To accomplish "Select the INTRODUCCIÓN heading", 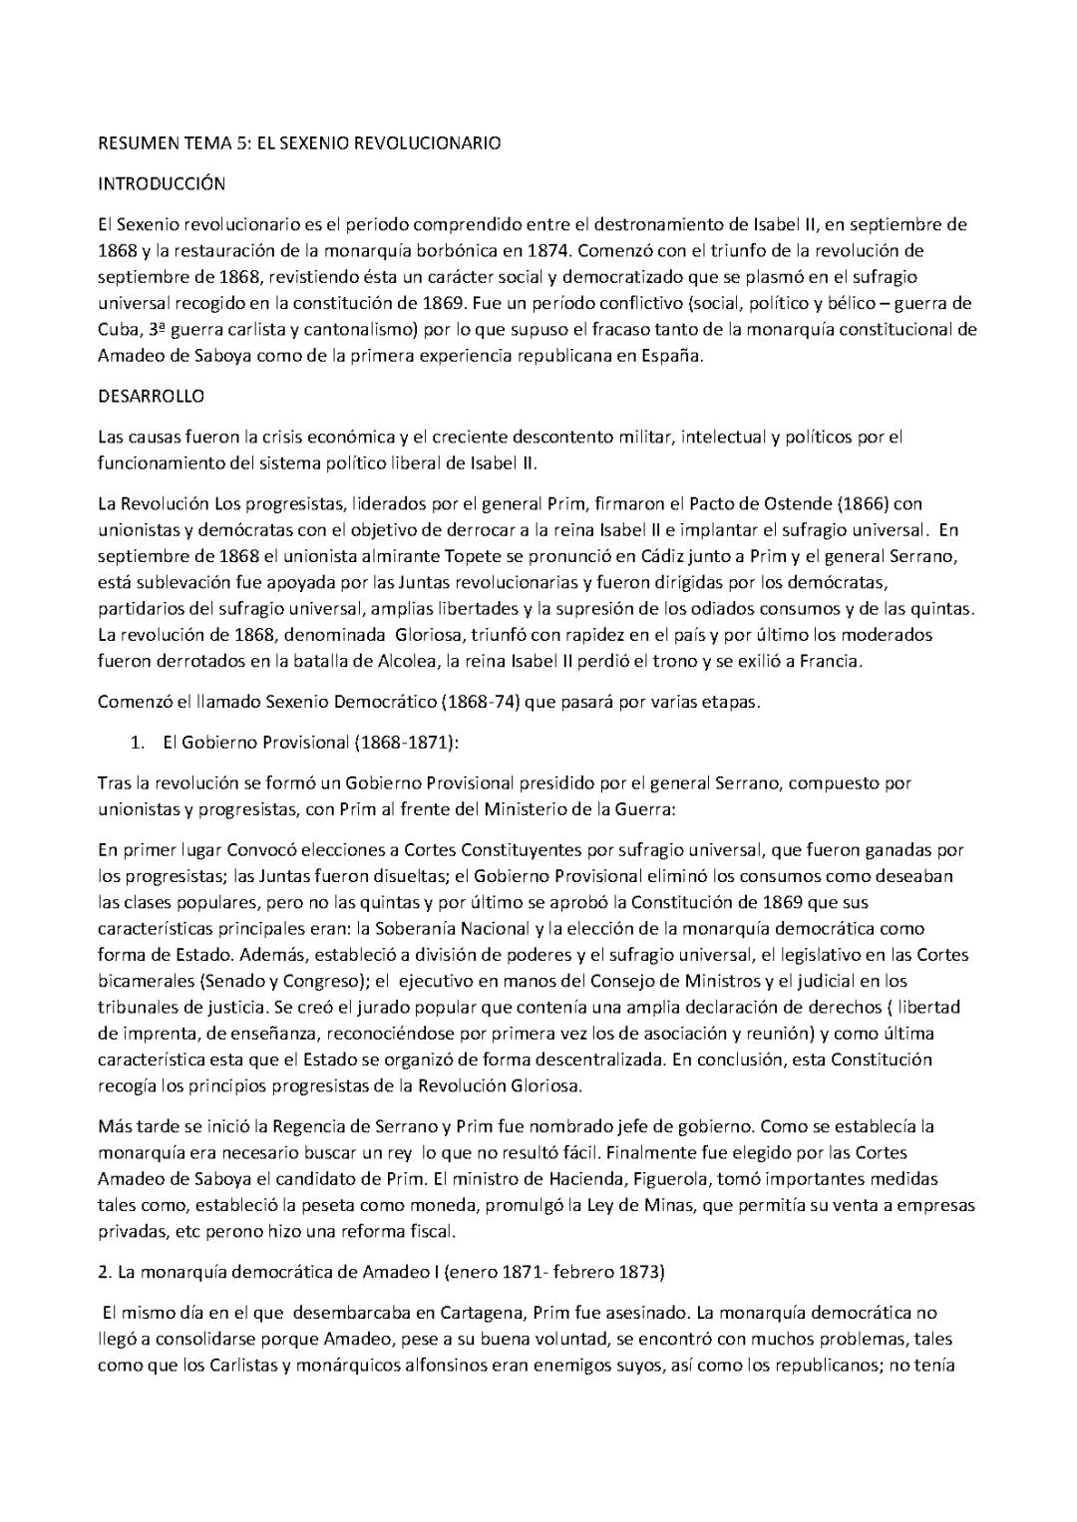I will pos(161,183).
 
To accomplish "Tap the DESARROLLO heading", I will pos(151,396).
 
